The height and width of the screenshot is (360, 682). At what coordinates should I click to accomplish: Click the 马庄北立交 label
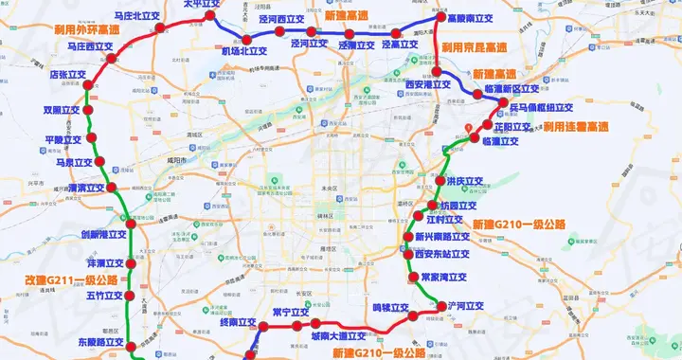(x=136, y=16)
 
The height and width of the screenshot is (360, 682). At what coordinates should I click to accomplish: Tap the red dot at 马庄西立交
(x=113, y=58)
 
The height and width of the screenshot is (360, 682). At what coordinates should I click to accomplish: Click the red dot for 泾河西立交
(x=284, y=31)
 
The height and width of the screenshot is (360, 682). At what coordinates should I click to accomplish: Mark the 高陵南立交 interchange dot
(x=439, y=18)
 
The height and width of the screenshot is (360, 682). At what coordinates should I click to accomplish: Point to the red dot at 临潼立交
(x=475, y=140)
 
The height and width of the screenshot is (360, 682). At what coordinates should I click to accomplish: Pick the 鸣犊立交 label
(x=390, y=307)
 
